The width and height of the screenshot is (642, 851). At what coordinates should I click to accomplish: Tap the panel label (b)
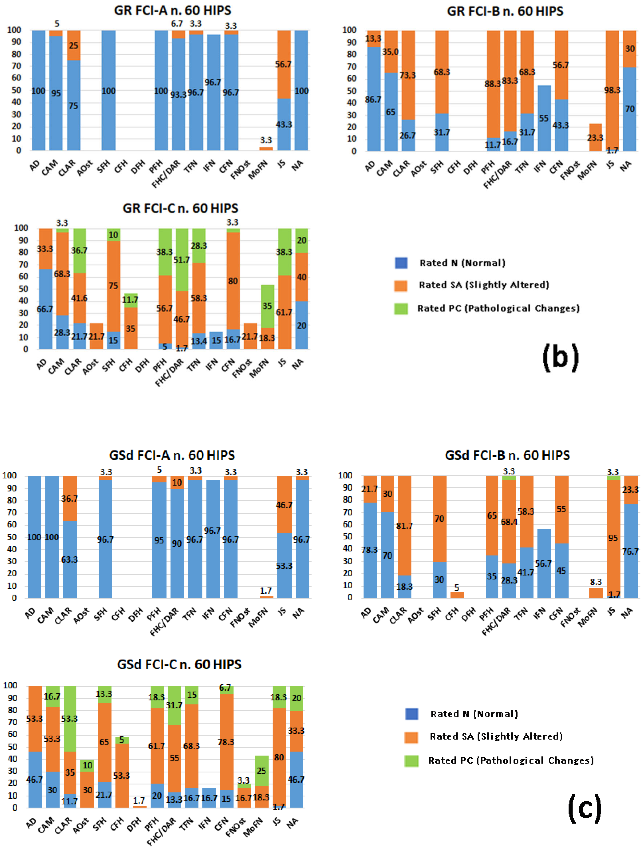[x=560, y=357]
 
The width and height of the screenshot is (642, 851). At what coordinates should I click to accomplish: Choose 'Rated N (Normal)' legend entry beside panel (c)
[x=474, y=714]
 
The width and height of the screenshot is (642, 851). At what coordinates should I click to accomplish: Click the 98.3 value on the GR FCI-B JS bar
[x=612, y=90]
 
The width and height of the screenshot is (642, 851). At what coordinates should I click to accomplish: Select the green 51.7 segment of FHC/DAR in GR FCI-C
[x=182, y=260]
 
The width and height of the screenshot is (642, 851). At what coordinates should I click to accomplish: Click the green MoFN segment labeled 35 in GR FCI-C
[x=267, y=306]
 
